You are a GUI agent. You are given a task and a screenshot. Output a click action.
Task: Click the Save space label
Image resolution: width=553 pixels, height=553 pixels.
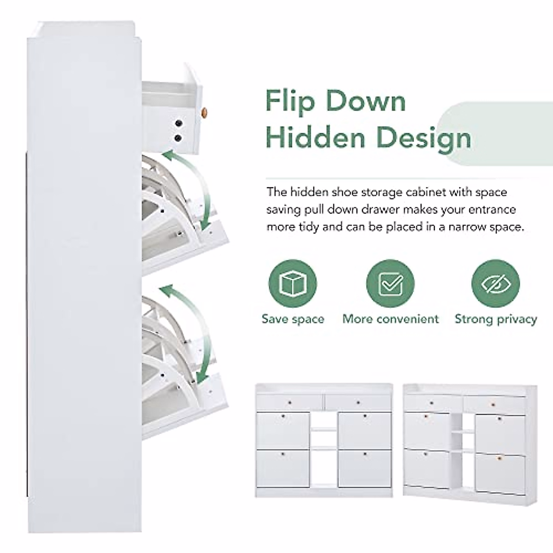(x=293, y=319)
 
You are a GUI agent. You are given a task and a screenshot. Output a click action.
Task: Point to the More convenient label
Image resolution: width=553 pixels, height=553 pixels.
(x=390, y=319)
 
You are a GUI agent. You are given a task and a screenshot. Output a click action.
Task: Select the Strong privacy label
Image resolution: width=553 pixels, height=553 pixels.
(x=495, y=319)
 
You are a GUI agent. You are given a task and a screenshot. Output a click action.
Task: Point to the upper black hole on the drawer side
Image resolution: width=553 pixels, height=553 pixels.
(x=178, y=123)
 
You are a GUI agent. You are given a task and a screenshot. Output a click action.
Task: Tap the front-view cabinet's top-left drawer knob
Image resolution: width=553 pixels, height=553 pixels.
(x=289, y=403)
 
